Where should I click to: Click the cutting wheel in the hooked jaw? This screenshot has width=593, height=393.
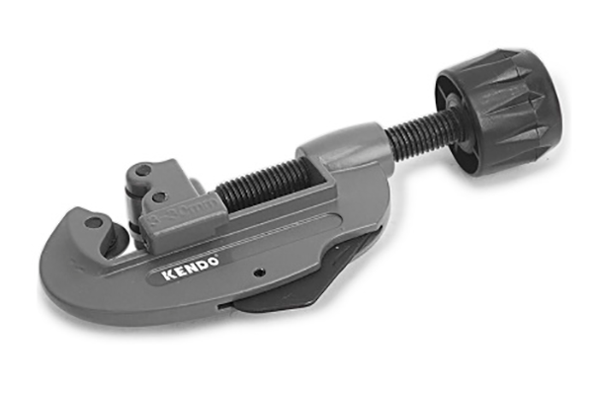115,240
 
